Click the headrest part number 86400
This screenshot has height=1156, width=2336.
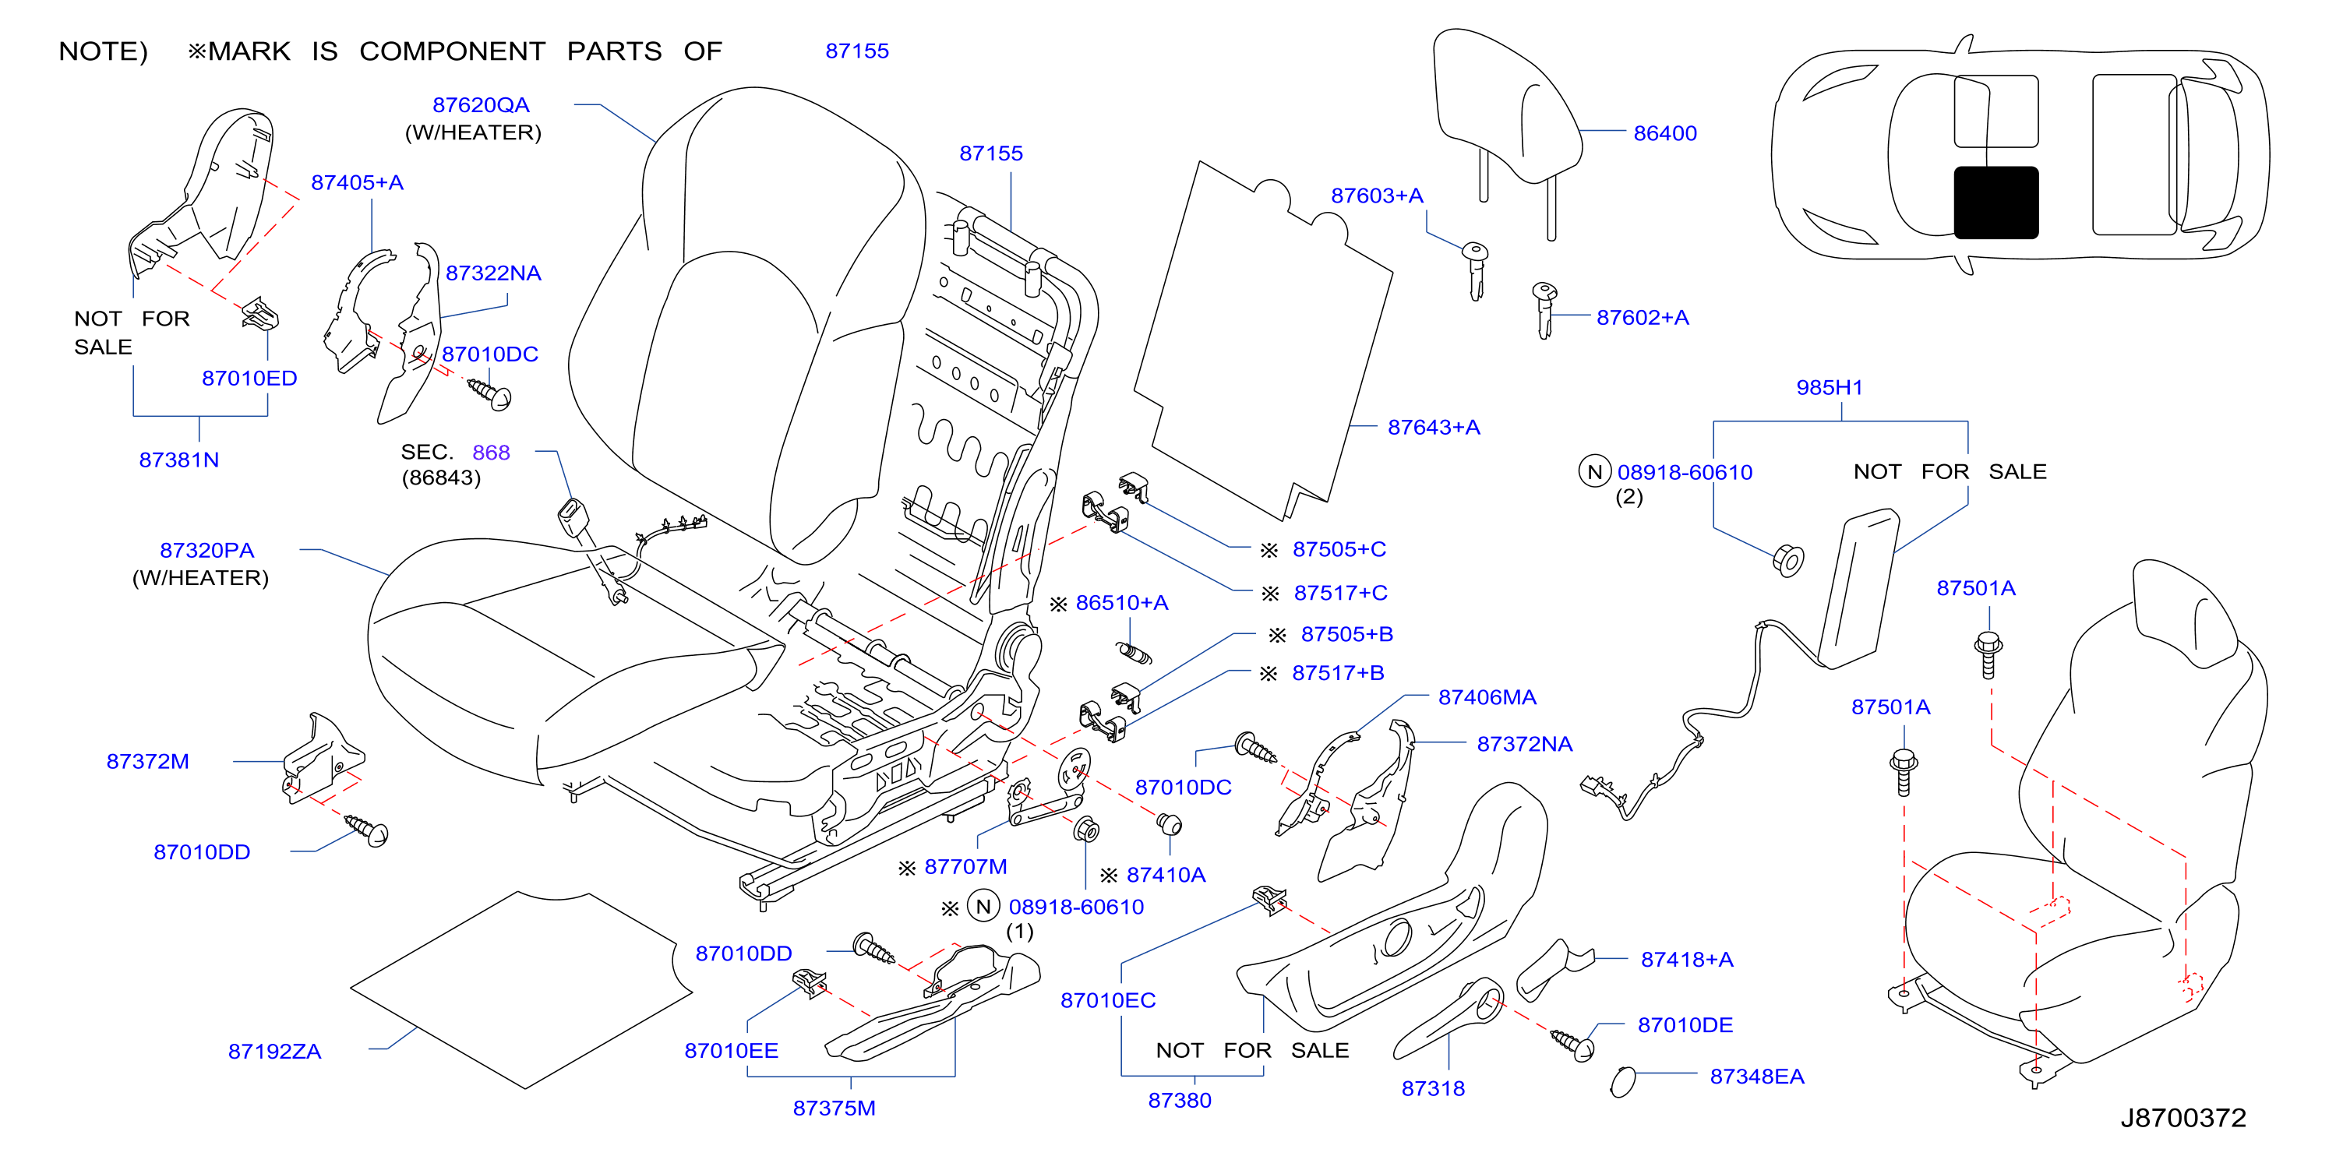[1664, 133]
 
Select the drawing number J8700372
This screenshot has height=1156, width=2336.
[2182, 1117]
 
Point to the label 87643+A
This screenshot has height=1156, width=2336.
[1433, 427]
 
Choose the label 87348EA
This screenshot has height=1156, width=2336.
[1756, 1077]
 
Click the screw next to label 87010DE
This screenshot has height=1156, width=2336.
[1572, 1045]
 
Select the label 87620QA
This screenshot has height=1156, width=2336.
[481, 105]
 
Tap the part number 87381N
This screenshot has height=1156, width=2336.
[178, 460]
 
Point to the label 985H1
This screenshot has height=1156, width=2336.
[1829, 387]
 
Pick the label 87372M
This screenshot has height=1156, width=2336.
[148, 762]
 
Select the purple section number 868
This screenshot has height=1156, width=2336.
[491, 453]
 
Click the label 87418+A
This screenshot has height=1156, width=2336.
[1687, 959]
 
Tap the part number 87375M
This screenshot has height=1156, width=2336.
[835, 1108]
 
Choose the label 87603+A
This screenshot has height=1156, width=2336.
[1377, 195]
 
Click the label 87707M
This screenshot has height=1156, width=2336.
[965, 867]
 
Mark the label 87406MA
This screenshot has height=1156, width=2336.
[1487, 697]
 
